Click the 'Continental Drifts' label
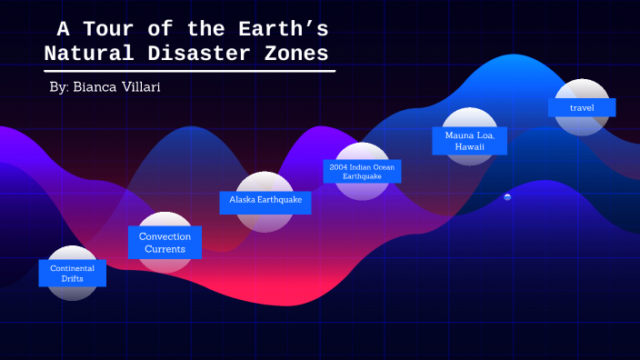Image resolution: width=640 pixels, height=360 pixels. tap(73, 274)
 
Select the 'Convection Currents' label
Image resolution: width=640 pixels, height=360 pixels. tap(165, 243)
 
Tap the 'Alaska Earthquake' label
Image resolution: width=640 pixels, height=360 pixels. tap(265, 199)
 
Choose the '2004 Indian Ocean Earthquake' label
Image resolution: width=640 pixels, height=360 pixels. tap(362, 171)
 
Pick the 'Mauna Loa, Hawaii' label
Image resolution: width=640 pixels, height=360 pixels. tap(470, 141)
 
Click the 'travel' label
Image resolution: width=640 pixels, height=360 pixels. tap(582, 107)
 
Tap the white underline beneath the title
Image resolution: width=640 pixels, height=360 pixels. tap(189, 70)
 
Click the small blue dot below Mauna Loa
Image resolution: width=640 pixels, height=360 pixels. tap(507, 196)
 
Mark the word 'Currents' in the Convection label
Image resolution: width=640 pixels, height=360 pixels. tap(165, 248)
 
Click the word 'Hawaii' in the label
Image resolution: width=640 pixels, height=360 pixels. tap(470, 146)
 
